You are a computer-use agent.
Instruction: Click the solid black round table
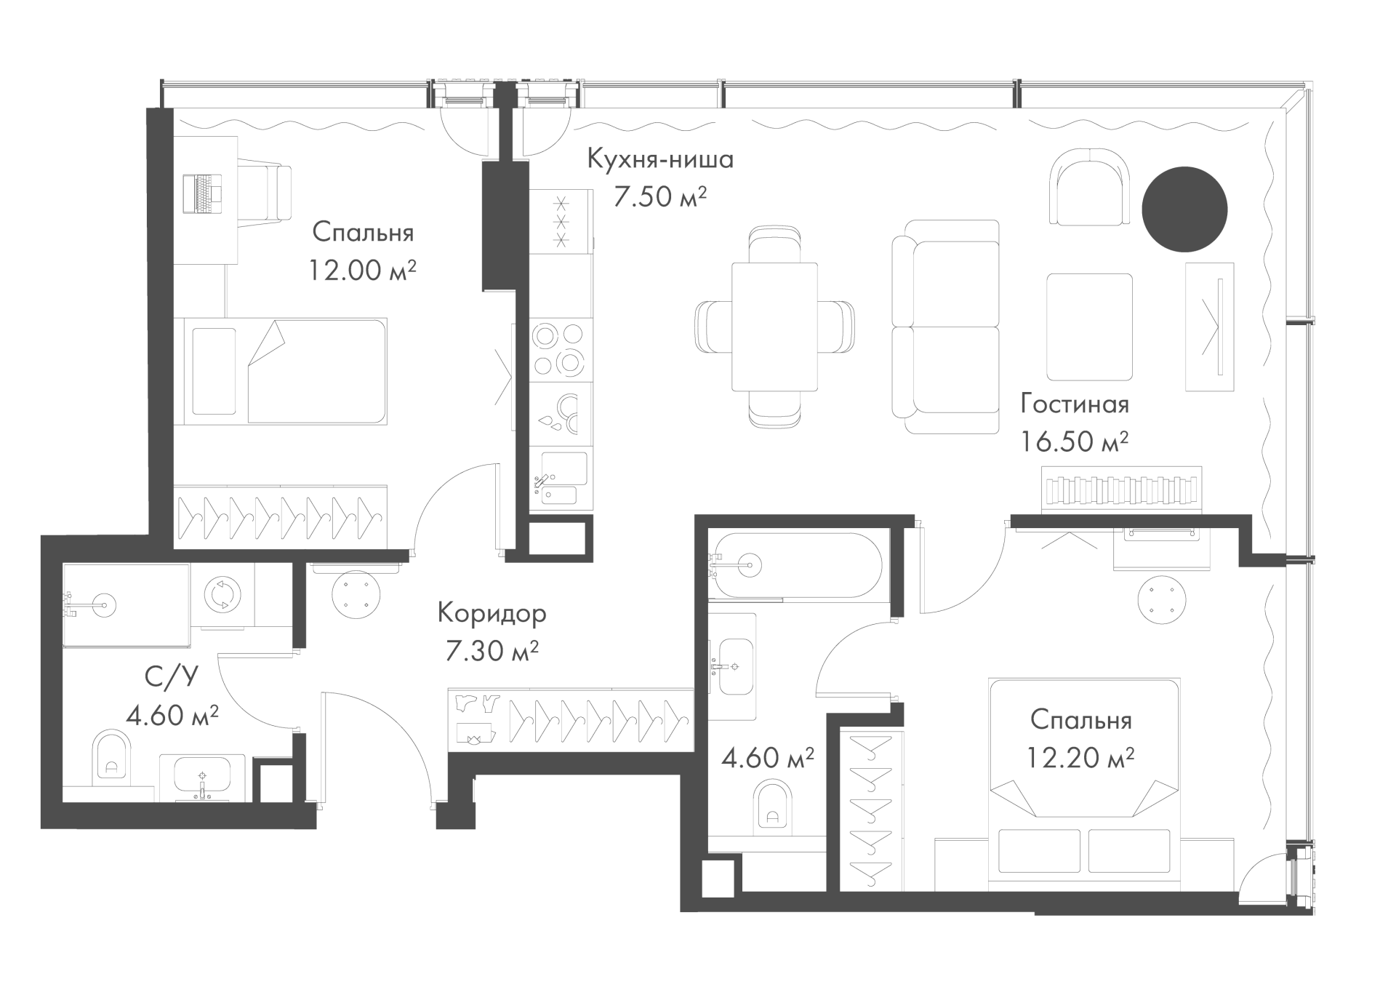pyautogui.click(x=1184, y=209)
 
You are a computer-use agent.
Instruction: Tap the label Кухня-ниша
pyautogui.click(x=660, y=159)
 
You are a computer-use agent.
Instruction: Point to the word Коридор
pyautogui.click(x=492, y=615)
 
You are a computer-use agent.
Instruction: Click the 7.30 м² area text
pyautogui.click(x=492, y=651)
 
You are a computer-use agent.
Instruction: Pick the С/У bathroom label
pyautogui.click(x=172, y=678)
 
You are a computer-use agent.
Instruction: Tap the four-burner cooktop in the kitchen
pyautogui.click(x=558, y=351)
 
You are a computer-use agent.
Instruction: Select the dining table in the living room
pyautogui.click(x=774, y=327)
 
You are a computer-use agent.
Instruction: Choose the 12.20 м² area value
pyautogui.click(x=1080, y=758)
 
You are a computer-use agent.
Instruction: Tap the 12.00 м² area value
pyautogui.click(x=362, y=271)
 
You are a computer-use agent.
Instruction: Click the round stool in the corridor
pyautogui.click(x=356, y=595)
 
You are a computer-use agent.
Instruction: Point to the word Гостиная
pyautogui.click(x=1075, y=404)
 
